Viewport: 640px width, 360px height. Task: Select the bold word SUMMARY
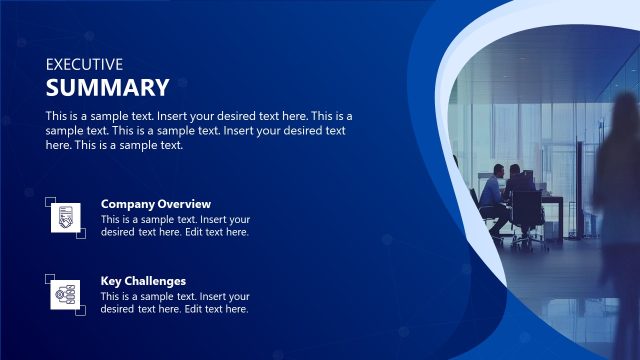pos(107,87)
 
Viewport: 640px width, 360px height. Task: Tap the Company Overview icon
pos(65,218)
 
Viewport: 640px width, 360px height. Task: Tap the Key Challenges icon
pos(65,294)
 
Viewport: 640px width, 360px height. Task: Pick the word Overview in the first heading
pos(185,204)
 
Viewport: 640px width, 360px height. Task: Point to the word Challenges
pos(157,281)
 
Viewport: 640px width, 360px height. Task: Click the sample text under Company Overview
pos(175,226)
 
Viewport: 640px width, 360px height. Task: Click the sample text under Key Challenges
pos(175,303)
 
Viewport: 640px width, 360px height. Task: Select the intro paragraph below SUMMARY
pos(198,130)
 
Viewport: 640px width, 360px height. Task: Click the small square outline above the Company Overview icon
pos(50,202)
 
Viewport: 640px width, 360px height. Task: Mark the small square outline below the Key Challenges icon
pos(81,311)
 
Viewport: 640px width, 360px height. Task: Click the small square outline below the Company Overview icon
pos(81,234)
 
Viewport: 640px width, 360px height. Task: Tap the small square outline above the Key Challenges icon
pos(50,279)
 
